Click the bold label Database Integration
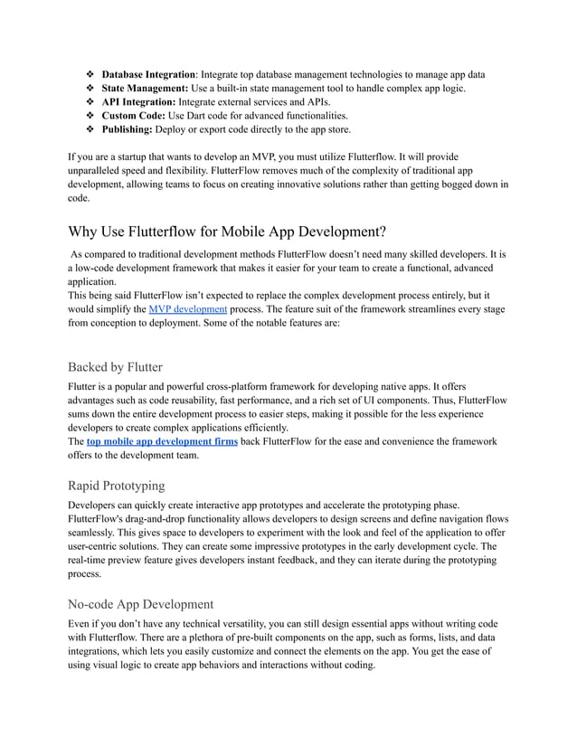(x=147, y=73)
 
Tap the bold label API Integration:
(x=138, y=102)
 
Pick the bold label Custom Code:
(x=134, y=116)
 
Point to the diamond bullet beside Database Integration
(x=90, y=73)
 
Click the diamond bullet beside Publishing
(x=90, y=130)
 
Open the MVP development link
(x=187, y=309)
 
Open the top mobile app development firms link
(x=162, y=441)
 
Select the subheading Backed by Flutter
(x=115, y=367)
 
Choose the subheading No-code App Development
(x=140, y=603)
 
